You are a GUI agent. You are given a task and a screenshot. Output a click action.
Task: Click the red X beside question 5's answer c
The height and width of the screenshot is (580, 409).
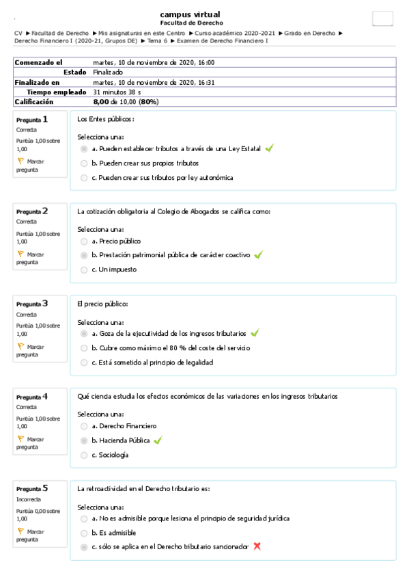coord(257,546)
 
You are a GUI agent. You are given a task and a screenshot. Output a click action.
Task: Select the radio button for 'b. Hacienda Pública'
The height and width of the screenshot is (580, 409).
coord(84,440)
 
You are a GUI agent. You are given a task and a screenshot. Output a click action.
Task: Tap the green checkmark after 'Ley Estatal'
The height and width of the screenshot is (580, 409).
coord(269,148)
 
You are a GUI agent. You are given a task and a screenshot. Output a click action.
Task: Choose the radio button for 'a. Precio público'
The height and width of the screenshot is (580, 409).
coord(84,241)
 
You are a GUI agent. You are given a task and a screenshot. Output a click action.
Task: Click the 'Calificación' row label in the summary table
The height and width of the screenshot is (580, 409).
coord(35,102)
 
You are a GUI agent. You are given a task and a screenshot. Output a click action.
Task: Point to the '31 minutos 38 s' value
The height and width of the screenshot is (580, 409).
coord(117,92)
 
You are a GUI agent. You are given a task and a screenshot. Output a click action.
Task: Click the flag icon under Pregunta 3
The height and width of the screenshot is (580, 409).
coord(20,346)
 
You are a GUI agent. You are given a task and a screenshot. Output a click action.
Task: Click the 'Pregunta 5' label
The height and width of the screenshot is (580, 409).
coord(32,488)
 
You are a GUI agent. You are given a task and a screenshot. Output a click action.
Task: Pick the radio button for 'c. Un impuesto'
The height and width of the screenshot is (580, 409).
coord(84,269)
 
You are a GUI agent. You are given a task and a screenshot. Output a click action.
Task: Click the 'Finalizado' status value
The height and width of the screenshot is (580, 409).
coord(108,72)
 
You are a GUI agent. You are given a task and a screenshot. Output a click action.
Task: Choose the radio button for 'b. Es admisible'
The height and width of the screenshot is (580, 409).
coord(84,532)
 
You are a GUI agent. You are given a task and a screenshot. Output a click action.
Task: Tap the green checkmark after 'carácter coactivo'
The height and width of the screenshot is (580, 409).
coord(258,255)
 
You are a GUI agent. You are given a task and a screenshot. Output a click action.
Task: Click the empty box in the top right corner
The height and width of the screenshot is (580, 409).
coord(382,19)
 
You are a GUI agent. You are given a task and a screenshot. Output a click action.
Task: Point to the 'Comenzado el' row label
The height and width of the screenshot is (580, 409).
coord(39,62)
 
